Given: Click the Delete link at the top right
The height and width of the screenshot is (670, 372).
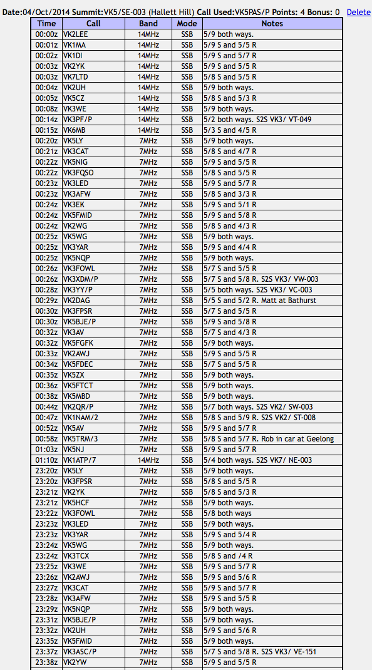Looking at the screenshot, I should [x=358, y=12].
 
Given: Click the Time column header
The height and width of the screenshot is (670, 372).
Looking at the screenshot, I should [x=46, y=23].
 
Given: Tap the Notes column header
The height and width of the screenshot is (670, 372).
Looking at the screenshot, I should [x=272, y=23].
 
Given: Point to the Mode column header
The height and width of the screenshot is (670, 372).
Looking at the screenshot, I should [x=187, y=23].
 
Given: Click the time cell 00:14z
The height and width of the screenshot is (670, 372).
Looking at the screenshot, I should [x=46, y=119].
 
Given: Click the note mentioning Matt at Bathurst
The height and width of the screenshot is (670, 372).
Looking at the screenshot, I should [x=269, y=300].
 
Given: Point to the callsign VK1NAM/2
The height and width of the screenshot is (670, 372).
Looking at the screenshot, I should [x=81, y=417].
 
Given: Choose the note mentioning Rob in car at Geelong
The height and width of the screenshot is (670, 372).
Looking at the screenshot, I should [x=269, y=438].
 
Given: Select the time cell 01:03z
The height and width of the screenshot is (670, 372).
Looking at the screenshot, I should [x=46, y=449].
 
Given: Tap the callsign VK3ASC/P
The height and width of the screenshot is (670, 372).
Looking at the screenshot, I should [x=80, y=651].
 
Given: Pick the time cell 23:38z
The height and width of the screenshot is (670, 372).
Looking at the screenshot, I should [x=46, y=662].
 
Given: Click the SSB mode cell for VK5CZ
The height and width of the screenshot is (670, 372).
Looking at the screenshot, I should [x=187, y=98].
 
